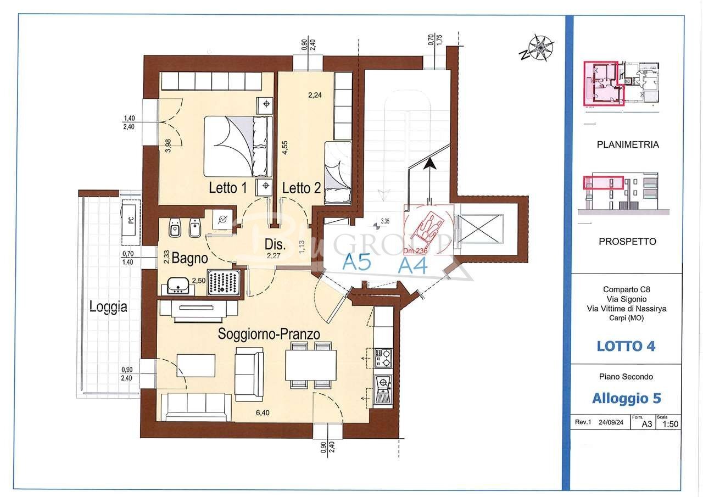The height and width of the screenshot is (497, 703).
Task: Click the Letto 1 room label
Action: tap(227, 188)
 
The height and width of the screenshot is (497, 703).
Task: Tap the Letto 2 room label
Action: tap(302, 188)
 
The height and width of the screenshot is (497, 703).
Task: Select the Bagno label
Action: tap(189, 258)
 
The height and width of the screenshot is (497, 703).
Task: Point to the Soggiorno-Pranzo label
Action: tap(269, 334)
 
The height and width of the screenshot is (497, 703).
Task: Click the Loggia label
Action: tap(109, 307)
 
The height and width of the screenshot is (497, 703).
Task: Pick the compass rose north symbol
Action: tap(539, 49)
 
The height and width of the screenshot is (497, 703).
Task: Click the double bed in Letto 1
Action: tap(238, 146)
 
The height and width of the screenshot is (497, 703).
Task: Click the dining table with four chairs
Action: tap(311, 365)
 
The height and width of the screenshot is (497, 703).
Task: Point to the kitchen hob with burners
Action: tap(383, 358)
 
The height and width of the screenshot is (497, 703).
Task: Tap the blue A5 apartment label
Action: tap(357, 262)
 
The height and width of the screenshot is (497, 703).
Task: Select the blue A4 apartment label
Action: tap(412, 265)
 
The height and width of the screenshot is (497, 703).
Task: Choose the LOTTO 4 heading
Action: tap(626, 346)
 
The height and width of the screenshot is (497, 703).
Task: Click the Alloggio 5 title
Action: tap(626, 398)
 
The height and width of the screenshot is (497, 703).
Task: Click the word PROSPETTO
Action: tap(627, 241)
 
